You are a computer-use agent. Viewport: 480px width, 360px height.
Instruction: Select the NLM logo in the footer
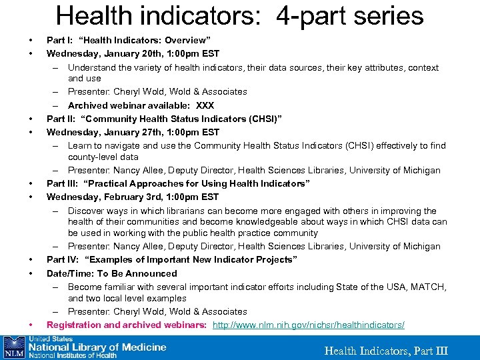click(x=13, y=347)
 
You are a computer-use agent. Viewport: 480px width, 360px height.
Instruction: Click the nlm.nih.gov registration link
click(x=308, y=325)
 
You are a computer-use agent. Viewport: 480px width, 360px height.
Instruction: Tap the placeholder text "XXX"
click(x=206, y=105)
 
